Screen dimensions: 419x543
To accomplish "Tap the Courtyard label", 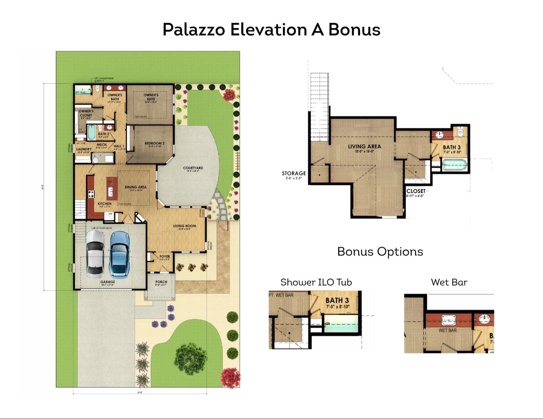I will point(193,168).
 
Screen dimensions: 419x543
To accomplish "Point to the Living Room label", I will point(185,226).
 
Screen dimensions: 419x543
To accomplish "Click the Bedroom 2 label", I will point(154,143).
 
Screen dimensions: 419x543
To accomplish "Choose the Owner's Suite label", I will point(151,96).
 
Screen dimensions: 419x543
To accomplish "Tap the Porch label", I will point(161,282).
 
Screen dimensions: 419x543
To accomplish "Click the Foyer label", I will point(164,256).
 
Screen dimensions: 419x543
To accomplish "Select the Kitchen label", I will point(104,204).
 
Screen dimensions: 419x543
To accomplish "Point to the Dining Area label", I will point(136,187).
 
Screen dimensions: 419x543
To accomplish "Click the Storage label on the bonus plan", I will point(294,173).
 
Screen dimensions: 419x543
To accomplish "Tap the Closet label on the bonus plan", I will point(416,191).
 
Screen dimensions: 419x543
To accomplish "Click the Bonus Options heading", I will point(380,251).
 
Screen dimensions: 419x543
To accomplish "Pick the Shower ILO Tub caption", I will point(316,282).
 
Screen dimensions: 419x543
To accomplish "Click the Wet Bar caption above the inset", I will point(449,282).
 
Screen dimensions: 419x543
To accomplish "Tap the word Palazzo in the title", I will point(193,30).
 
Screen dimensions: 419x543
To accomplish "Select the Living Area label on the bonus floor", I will point(364,147).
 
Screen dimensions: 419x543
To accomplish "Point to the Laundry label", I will point(84,149).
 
